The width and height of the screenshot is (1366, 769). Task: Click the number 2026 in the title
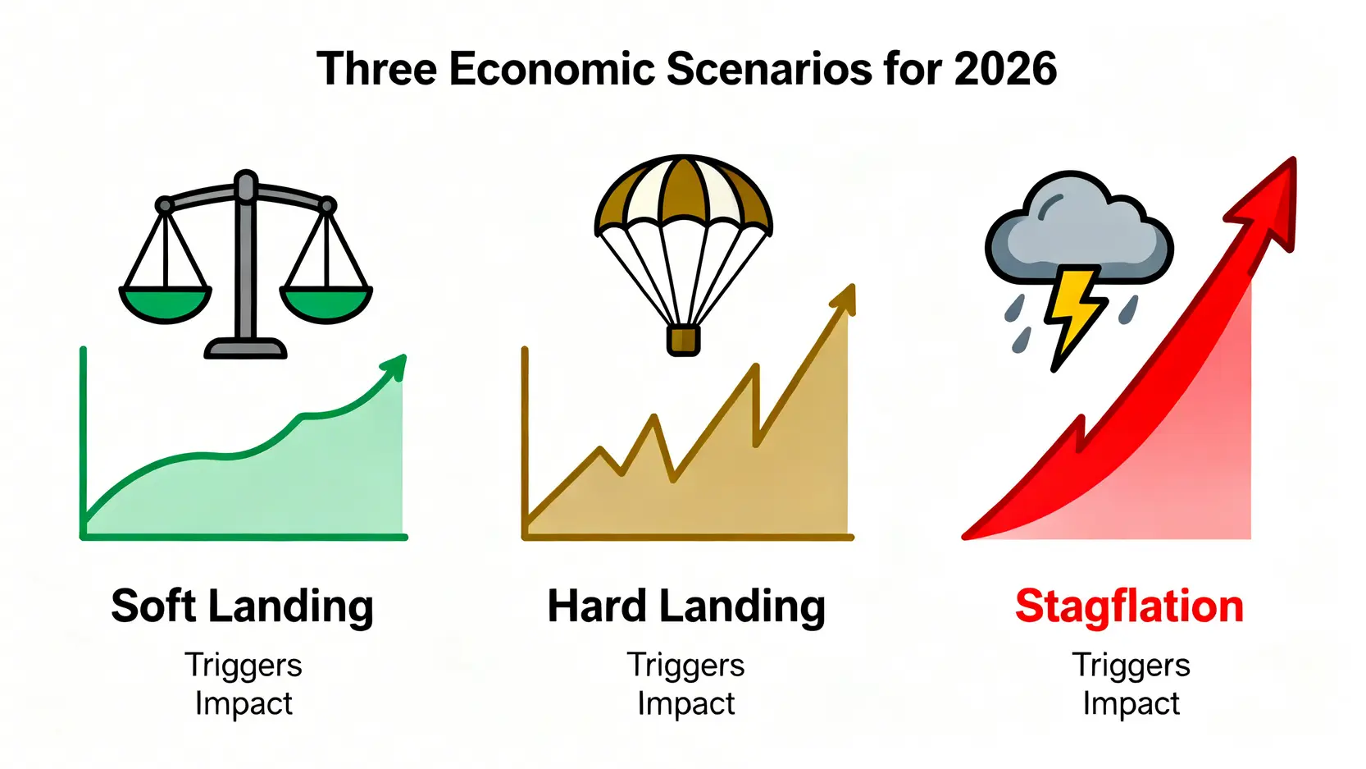click(1005, 68)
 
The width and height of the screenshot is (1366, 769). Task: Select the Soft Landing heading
click(242, 607)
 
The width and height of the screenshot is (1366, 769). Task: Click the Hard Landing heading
click(686, 607)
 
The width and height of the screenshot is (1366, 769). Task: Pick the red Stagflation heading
click(1129, 607)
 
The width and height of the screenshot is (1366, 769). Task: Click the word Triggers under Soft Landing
click(244, 666)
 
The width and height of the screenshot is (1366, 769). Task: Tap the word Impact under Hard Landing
click(686, 703)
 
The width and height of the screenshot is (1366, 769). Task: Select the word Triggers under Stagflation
click(1132, 666)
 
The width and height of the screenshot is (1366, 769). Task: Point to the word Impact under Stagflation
click(1132, 703)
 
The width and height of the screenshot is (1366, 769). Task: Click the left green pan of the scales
click(166, 304)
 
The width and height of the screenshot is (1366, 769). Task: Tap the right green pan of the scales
click(326, 304)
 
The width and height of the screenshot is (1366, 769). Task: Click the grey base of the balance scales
click(245, 349)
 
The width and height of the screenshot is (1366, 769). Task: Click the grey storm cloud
click(1078, 229)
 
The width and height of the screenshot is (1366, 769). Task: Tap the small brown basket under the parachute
click(683, 341)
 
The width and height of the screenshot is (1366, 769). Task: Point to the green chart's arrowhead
click(394, 367)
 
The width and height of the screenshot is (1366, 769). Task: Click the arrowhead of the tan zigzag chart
click(845, 300)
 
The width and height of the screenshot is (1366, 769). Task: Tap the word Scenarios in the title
click(769, 68)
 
